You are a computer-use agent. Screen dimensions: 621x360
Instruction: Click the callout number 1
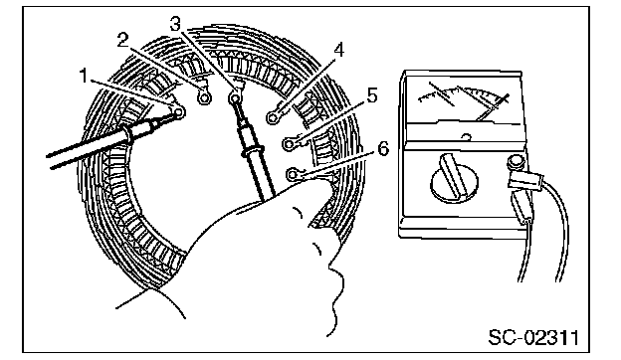coord(84,76)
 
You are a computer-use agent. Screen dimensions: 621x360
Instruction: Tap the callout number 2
coord(123,41)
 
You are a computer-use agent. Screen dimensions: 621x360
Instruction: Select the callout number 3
coord(176,24)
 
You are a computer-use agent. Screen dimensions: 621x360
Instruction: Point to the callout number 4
coord(338,51)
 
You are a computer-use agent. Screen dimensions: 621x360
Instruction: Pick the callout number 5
coord(372,96)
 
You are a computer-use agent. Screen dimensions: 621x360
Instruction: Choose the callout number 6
coord(383,149)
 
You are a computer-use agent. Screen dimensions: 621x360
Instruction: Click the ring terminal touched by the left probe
coord(178,112)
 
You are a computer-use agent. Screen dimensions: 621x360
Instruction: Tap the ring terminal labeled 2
coord(204,97)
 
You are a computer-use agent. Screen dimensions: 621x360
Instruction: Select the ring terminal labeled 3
coord(235,96)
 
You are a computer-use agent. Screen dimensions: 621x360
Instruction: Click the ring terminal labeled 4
coord(272,117)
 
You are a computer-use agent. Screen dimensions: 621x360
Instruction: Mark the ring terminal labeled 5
coord(289,144)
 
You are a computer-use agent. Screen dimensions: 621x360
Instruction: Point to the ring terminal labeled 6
coord(292,174)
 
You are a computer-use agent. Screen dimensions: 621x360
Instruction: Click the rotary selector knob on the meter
coord(454,177)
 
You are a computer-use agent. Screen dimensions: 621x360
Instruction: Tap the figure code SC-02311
coord(533,337)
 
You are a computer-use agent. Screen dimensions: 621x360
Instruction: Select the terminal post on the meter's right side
coord(516,162)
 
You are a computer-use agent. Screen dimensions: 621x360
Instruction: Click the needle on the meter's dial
coord(492,106)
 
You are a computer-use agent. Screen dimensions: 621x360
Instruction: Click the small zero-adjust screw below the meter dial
coord(467,137)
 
